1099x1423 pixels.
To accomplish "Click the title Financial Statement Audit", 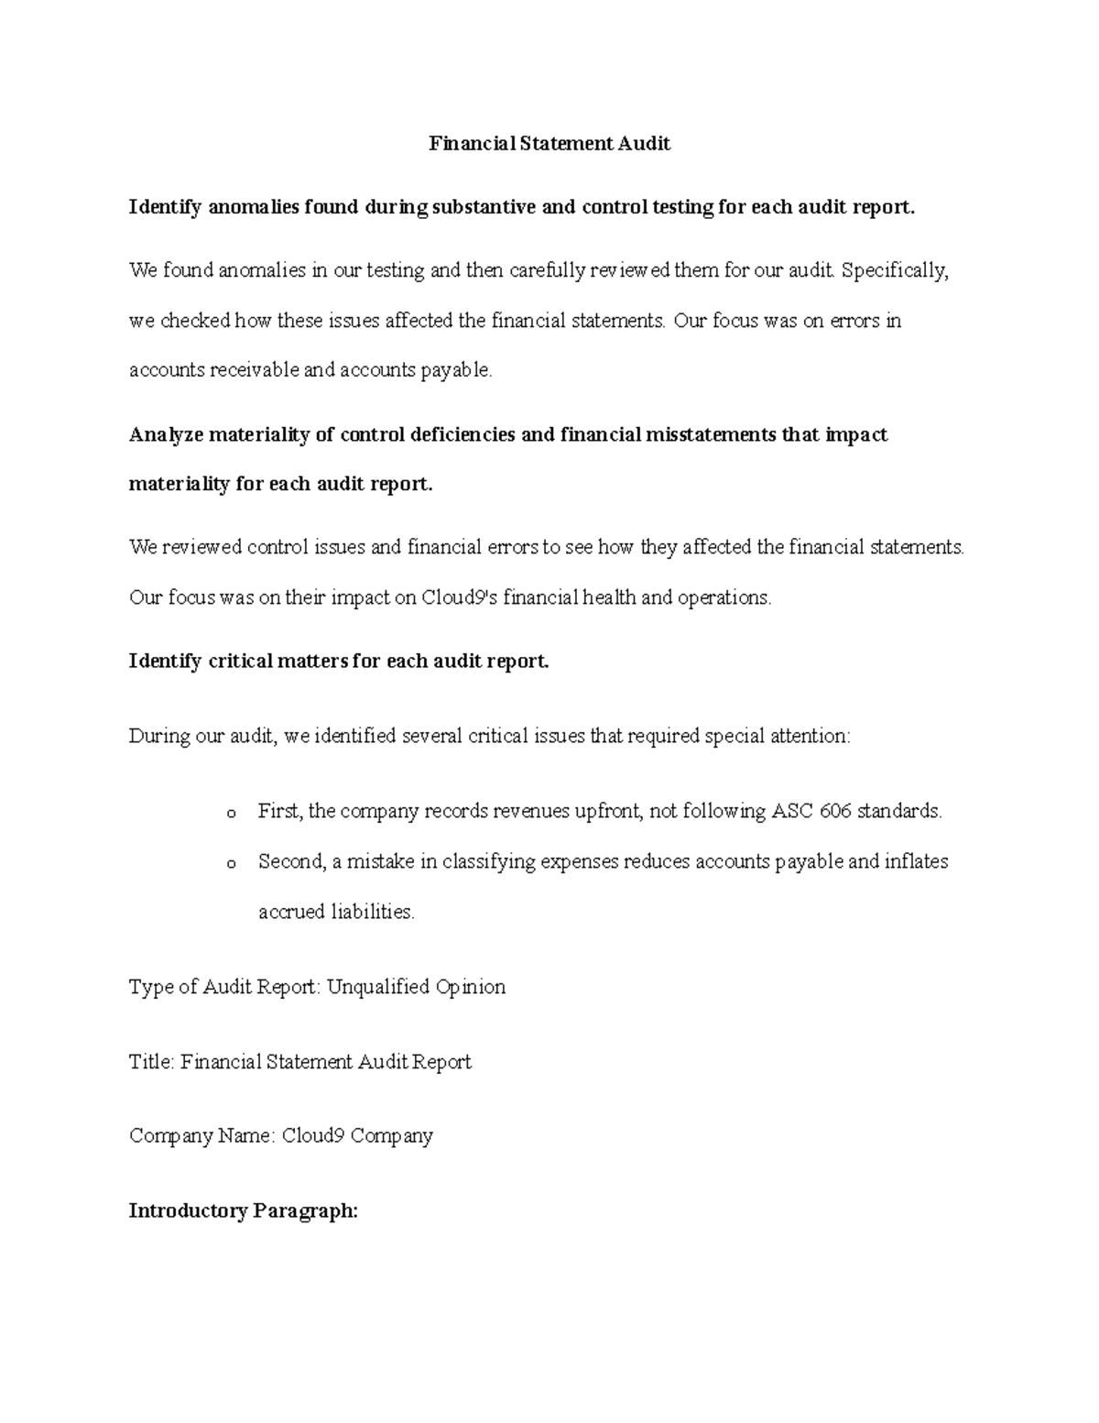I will click(550, 144).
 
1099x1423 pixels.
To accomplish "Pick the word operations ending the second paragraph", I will click(724, 597).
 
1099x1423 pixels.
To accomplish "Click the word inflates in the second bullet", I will click(917, 861).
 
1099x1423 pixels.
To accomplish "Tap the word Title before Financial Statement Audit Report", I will click(151, 1062).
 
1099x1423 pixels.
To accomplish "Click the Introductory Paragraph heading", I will click(243, 1211).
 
